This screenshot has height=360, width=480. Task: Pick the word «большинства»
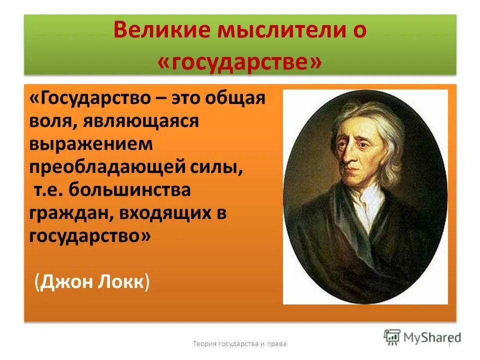tap(130, 190)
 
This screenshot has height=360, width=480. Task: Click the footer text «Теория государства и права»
tap(240, 344)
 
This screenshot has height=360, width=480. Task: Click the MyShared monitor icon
tap(392, 336)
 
